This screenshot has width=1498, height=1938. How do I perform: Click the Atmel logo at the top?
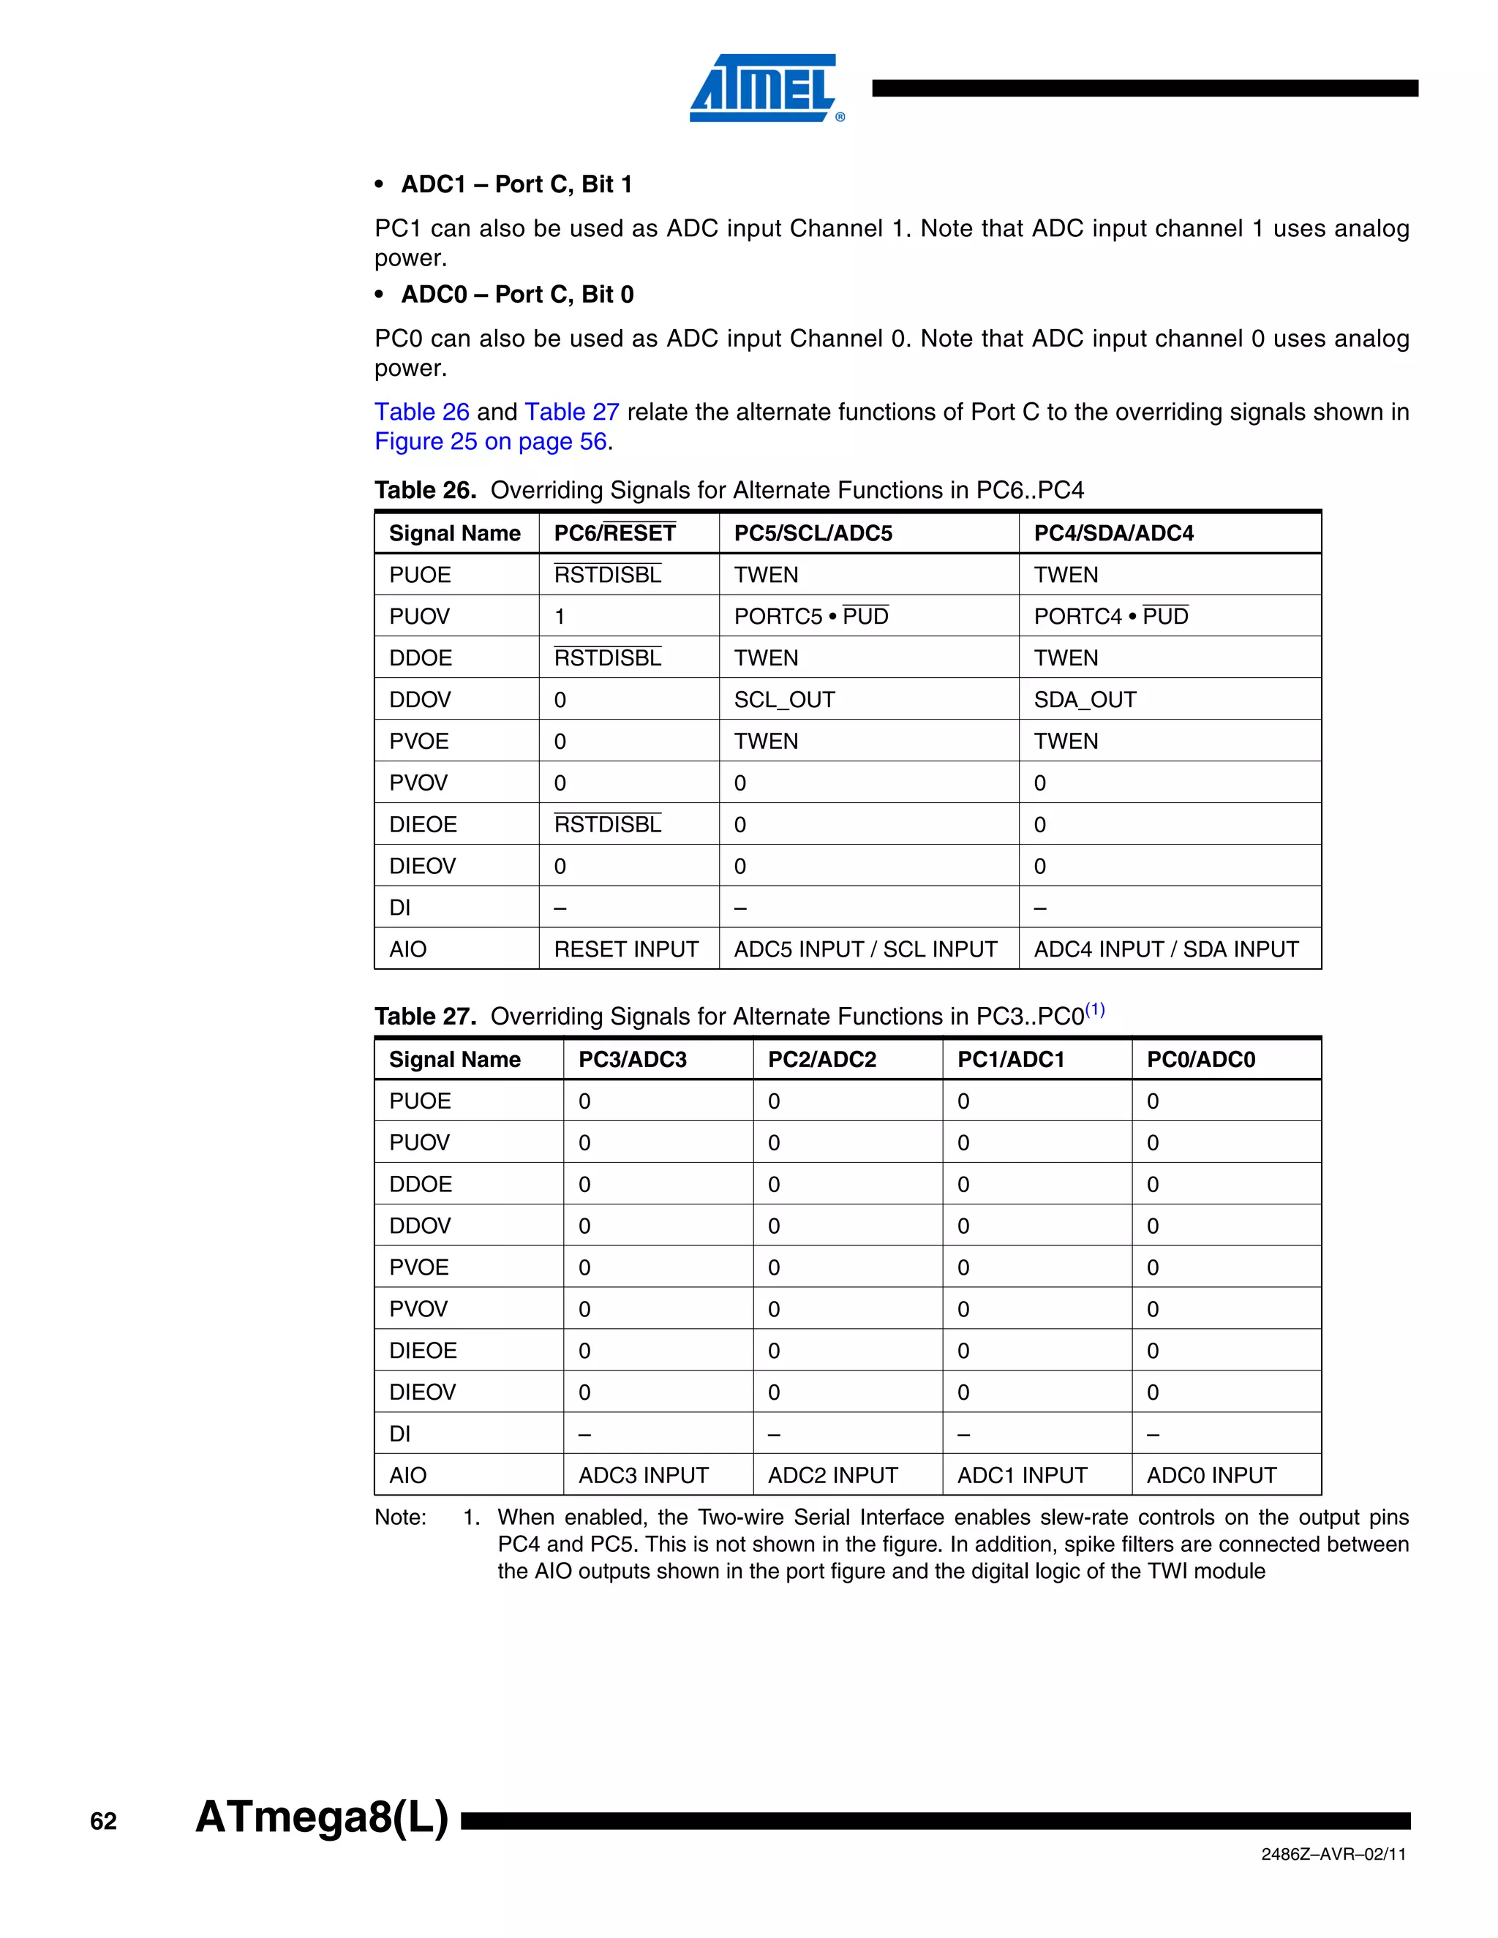766,88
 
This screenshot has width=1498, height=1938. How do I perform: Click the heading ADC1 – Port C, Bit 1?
516,184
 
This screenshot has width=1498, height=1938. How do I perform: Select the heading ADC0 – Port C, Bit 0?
517,294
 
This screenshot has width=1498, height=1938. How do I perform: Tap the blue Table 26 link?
421,412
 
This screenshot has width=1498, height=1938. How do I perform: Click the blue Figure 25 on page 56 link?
491,441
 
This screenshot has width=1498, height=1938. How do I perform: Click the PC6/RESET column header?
614,533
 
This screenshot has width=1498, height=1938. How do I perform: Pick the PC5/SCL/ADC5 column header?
813,533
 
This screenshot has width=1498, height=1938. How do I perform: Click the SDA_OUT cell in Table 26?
1085,699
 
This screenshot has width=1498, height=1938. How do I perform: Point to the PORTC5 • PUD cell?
810,617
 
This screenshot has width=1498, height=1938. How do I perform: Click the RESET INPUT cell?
625,949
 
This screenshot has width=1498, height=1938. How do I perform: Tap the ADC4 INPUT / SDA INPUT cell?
1165,949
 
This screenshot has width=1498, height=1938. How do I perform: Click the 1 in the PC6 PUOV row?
560,617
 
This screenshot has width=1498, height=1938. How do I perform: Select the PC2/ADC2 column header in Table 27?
821,1060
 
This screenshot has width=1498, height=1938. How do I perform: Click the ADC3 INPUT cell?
644,1476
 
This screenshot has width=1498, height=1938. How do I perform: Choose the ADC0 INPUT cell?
1211,1476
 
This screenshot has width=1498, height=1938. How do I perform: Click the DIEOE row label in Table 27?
423,1351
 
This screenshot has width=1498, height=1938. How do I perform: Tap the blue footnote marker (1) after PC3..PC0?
1095,1010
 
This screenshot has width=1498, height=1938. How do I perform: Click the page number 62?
104,1822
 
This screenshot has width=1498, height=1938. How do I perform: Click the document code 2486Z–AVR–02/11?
1333,1855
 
